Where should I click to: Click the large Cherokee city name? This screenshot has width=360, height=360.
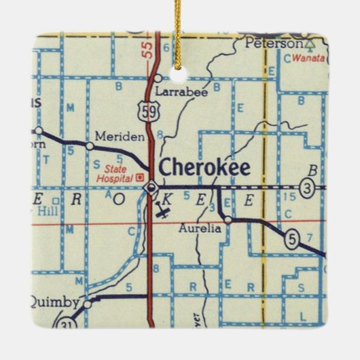tap(204, 168)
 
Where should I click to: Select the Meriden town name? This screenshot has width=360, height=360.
tap(120, 136)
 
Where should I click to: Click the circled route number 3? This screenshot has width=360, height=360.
tap(308, 188)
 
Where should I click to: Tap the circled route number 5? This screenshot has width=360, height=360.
tap(292, 240)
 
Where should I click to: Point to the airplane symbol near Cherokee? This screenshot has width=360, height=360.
tap(163, 213)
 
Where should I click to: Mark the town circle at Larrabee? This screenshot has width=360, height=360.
tap(158, 77)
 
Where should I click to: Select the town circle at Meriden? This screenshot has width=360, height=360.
tap(90, 145)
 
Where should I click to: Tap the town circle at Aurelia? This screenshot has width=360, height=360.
tap(228, 219)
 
